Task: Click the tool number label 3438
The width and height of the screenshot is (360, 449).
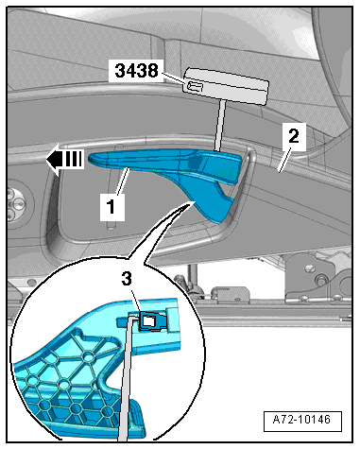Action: (x=136, y=71)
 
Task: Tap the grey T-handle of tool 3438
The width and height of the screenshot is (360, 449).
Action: (x=226, y=86)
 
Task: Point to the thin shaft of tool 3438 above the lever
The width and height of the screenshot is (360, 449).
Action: (x=220, y=126)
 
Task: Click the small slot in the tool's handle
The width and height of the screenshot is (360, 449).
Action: (x=195, y=87)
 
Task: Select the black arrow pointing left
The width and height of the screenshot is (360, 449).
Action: (x=64, y=160)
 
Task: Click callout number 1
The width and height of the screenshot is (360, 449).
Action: (x=111, y=207)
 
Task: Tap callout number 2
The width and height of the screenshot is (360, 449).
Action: (x=294, y=137)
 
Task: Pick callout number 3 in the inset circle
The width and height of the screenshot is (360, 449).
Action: (x=127, y=279)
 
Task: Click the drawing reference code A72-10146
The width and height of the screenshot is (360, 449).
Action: (x=301, y=420)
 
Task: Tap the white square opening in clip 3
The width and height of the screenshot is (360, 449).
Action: (x=148, y=320)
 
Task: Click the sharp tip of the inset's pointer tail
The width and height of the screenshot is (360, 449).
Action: (x=191, y=202)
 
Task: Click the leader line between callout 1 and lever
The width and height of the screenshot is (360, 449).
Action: (x=123, y=181)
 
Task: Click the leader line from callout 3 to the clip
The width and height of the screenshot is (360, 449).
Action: (x=136, y=301)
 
